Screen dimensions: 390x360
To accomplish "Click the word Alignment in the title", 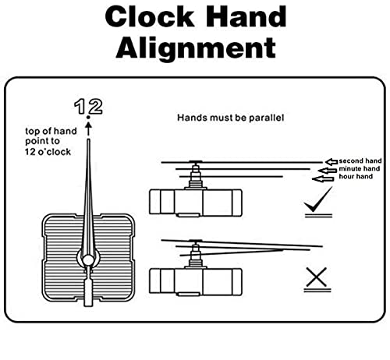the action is pyautogui.click(x=196, y=48).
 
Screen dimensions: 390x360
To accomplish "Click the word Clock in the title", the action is pyautogui.click(x=150, y=17).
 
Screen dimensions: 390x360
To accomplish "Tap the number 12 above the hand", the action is pyautogui.click(x=88, y=107).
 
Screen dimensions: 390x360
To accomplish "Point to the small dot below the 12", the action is pyautogui.click(x=88, y=118).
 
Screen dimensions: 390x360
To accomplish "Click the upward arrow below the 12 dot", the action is pyautogui.click(x=88, y=129).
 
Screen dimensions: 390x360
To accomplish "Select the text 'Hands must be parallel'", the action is pyautogui.click(x=230, y=118).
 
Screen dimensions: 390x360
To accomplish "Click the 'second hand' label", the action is pyautogui.click(x=360, y=161).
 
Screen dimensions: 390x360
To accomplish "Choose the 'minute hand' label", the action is pyautogui.click(x=359, y=169).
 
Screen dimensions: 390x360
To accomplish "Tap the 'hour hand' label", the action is pyautogui.click(x=356, y=177).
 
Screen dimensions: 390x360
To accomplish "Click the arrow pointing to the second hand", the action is pyautogui.click(x=331, y=162).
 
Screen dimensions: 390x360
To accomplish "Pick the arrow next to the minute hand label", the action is pyautogui.click(x=328, y=171).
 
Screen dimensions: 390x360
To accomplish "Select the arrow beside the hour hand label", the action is pyautogui.click(x=323, y=179).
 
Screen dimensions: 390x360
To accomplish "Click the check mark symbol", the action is pyautogui.click(x=317, y=199).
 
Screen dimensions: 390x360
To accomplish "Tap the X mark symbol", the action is pyautogui.click(x=317, y=277).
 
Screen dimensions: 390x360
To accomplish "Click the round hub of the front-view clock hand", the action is pyautogui.click(x=88, y=260).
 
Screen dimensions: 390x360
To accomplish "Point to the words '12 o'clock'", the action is pyautogui.click(x=48, y=152).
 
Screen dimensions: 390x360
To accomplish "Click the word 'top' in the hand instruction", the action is pyautogui.click(x=31, y=132).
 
